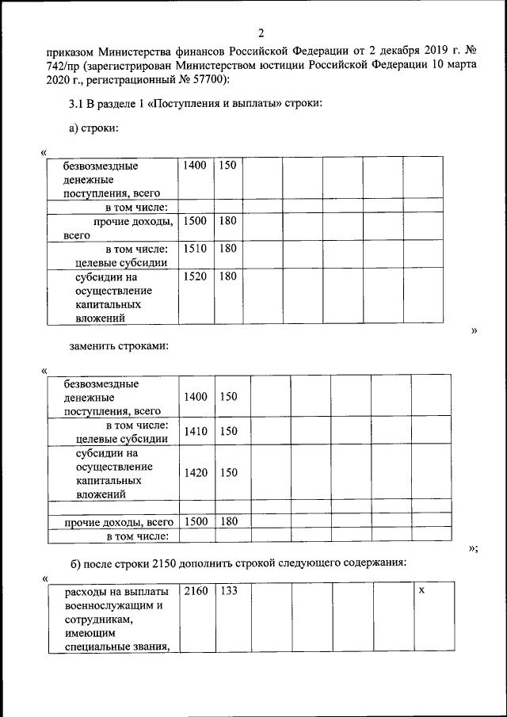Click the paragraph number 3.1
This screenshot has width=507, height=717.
point(77,105)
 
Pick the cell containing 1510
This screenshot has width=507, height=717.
point(194,248)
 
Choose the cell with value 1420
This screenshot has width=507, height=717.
point(196,472)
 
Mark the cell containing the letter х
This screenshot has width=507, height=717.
point(422,591)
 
